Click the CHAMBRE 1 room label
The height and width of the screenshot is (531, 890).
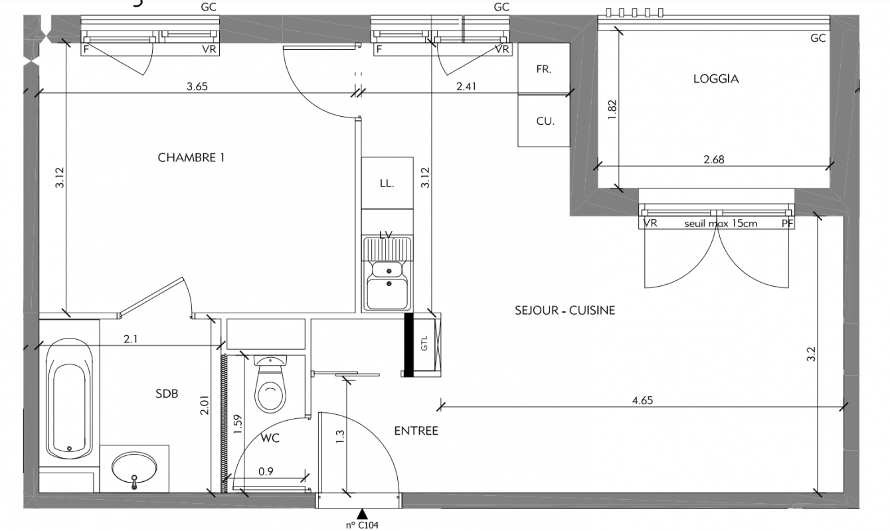point(191,158)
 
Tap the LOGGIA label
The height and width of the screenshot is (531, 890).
point(716,78)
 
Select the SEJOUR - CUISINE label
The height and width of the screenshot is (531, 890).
point(565,310)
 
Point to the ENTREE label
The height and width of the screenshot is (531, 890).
point(416,431)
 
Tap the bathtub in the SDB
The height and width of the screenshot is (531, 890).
point(69,398)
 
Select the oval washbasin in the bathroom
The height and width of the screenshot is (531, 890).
point(134,469)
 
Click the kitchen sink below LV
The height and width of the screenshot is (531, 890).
point(387,273)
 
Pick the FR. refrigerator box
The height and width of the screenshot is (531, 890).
point(543,69)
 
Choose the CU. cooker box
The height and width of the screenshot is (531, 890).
point(543,121)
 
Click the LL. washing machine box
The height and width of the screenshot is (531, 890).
point(387,183)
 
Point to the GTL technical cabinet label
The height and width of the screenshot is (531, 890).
point(424,344)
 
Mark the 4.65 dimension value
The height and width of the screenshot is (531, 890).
point(642,400)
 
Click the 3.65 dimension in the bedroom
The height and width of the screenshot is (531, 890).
point(197,86)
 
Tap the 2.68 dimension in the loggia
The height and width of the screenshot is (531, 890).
point(714,159)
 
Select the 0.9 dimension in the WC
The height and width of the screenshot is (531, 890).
point(266,471)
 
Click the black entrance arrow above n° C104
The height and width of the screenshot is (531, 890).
point(361,514)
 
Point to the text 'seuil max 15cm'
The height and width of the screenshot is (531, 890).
point(721,224)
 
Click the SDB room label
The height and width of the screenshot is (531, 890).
point(167,394)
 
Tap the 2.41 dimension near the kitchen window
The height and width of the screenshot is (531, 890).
point(466,86)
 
